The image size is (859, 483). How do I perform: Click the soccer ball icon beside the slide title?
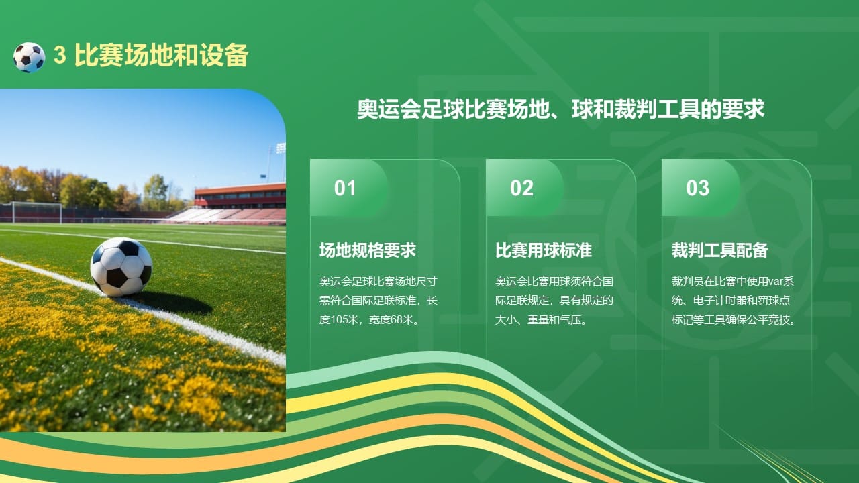click(x=29, y=57)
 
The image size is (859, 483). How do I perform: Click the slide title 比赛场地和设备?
click(x=161, y=56)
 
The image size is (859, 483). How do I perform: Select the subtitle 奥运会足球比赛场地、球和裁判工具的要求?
click(x=560, y=110)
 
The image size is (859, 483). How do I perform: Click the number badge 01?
click(x=345, y=188)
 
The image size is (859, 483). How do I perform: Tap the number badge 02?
click(x=521, y=188)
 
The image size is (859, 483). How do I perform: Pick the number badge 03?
click(x=697, y=188)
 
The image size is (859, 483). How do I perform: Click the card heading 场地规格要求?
click(x=367, y=250)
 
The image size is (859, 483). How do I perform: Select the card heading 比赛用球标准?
click(x=543, y=250)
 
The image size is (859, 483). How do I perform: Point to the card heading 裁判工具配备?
click(x=719, y=250)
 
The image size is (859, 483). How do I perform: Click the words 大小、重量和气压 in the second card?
click(x=537, y=319)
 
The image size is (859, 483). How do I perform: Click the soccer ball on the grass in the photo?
click(x=121, y=266)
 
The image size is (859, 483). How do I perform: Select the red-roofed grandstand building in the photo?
click(x=240, y=196)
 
